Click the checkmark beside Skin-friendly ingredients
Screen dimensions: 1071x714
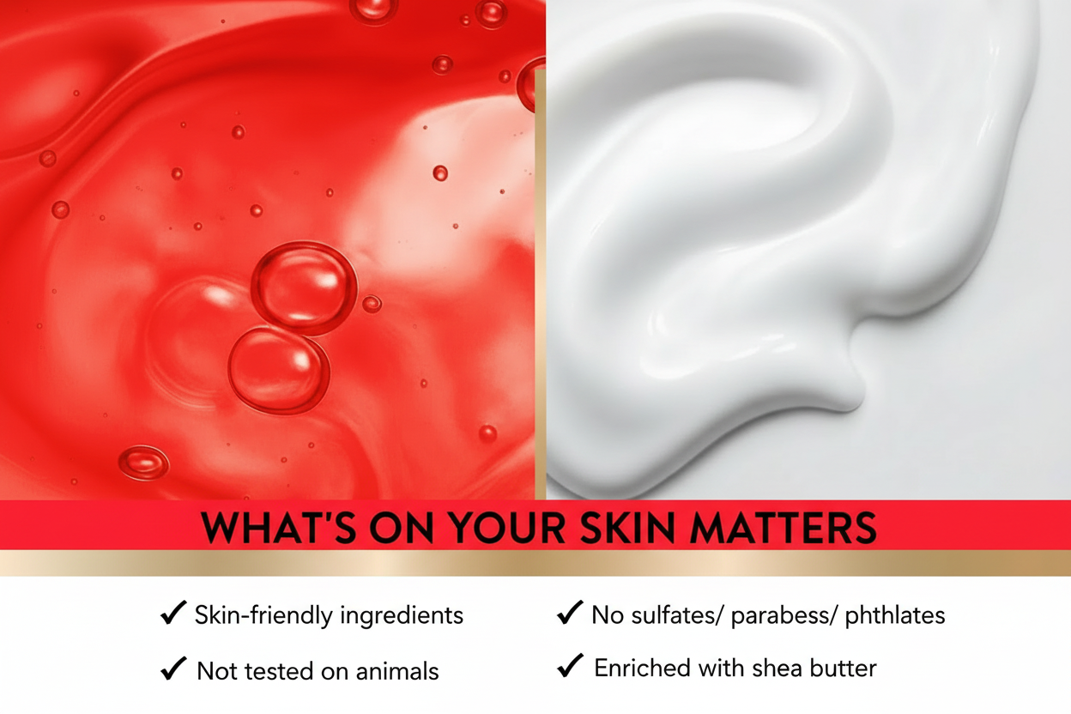pos(173,613)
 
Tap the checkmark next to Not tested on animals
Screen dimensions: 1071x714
pos(173,669)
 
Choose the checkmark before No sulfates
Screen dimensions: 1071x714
pos(570,613)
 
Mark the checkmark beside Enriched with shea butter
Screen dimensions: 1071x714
pos(570,665)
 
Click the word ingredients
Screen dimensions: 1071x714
pos(402,616)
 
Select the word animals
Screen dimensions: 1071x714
pos(396,671)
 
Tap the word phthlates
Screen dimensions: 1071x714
pos(894,616)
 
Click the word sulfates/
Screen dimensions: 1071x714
pos(677,615)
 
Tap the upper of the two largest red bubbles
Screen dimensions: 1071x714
pos(304,287)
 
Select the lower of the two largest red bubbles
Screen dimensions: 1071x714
pos(279,370)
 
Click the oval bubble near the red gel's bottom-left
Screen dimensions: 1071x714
pos(143,463)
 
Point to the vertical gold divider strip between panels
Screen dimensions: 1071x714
pos(541,285)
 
